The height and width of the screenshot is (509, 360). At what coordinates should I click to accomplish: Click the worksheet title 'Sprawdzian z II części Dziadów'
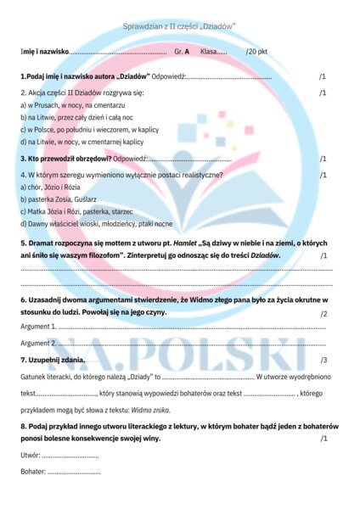(179, 27)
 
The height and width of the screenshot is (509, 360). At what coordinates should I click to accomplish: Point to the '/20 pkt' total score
(257, 53)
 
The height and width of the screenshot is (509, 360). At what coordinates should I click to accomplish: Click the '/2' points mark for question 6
(323, 314)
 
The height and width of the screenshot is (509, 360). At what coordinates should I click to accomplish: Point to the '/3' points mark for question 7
(323, 361)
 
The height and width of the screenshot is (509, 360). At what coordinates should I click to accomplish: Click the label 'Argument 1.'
(37, 327)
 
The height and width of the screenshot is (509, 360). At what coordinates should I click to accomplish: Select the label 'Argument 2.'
(37, 344)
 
